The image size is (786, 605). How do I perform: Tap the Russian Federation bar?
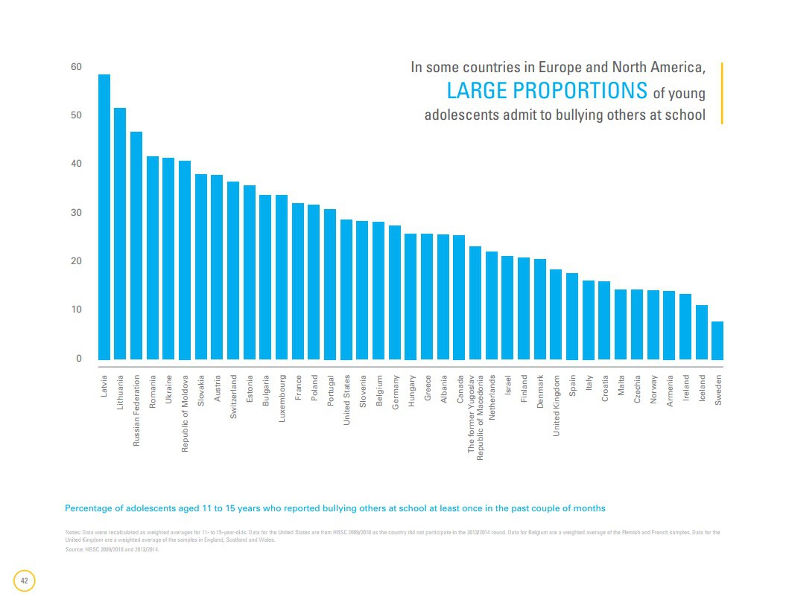pyautogui.click(x=136, y=246)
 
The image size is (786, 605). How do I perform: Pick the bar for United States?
pyautogui.click(x=346, y=289)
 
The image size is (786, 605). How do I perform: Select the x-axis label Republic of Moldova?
pyautogui.click(x=185, y=412)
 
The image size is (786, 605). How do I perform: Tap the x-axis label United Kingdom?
pyautogui.click(x=556, y=406)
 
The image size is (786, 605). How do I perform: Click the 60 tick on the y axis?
pyautogui.click(x=76, y=67)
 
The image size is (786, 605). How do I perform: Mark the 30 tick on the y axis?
pyautogui.click(x=76, y=213)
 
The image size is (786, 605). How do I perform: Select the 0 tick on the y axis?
pyautogui.click(x=78, y=359)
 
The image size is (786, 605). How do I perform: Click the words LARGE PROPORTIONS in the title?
pyautogui.click(x=546, y=91)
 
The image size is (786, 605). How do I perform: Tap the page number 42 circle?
pyautogui.click(x=25, y=580)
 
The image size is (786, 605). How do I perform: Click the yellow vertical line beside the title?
pyautogui.click(x=722, y=93)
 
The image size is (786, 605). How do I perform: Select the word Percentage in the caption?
pyautogui.click(x=89, y=508)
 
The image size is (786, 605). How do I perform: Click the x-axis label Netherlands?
pyautogui.click(x=492, y=397)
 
